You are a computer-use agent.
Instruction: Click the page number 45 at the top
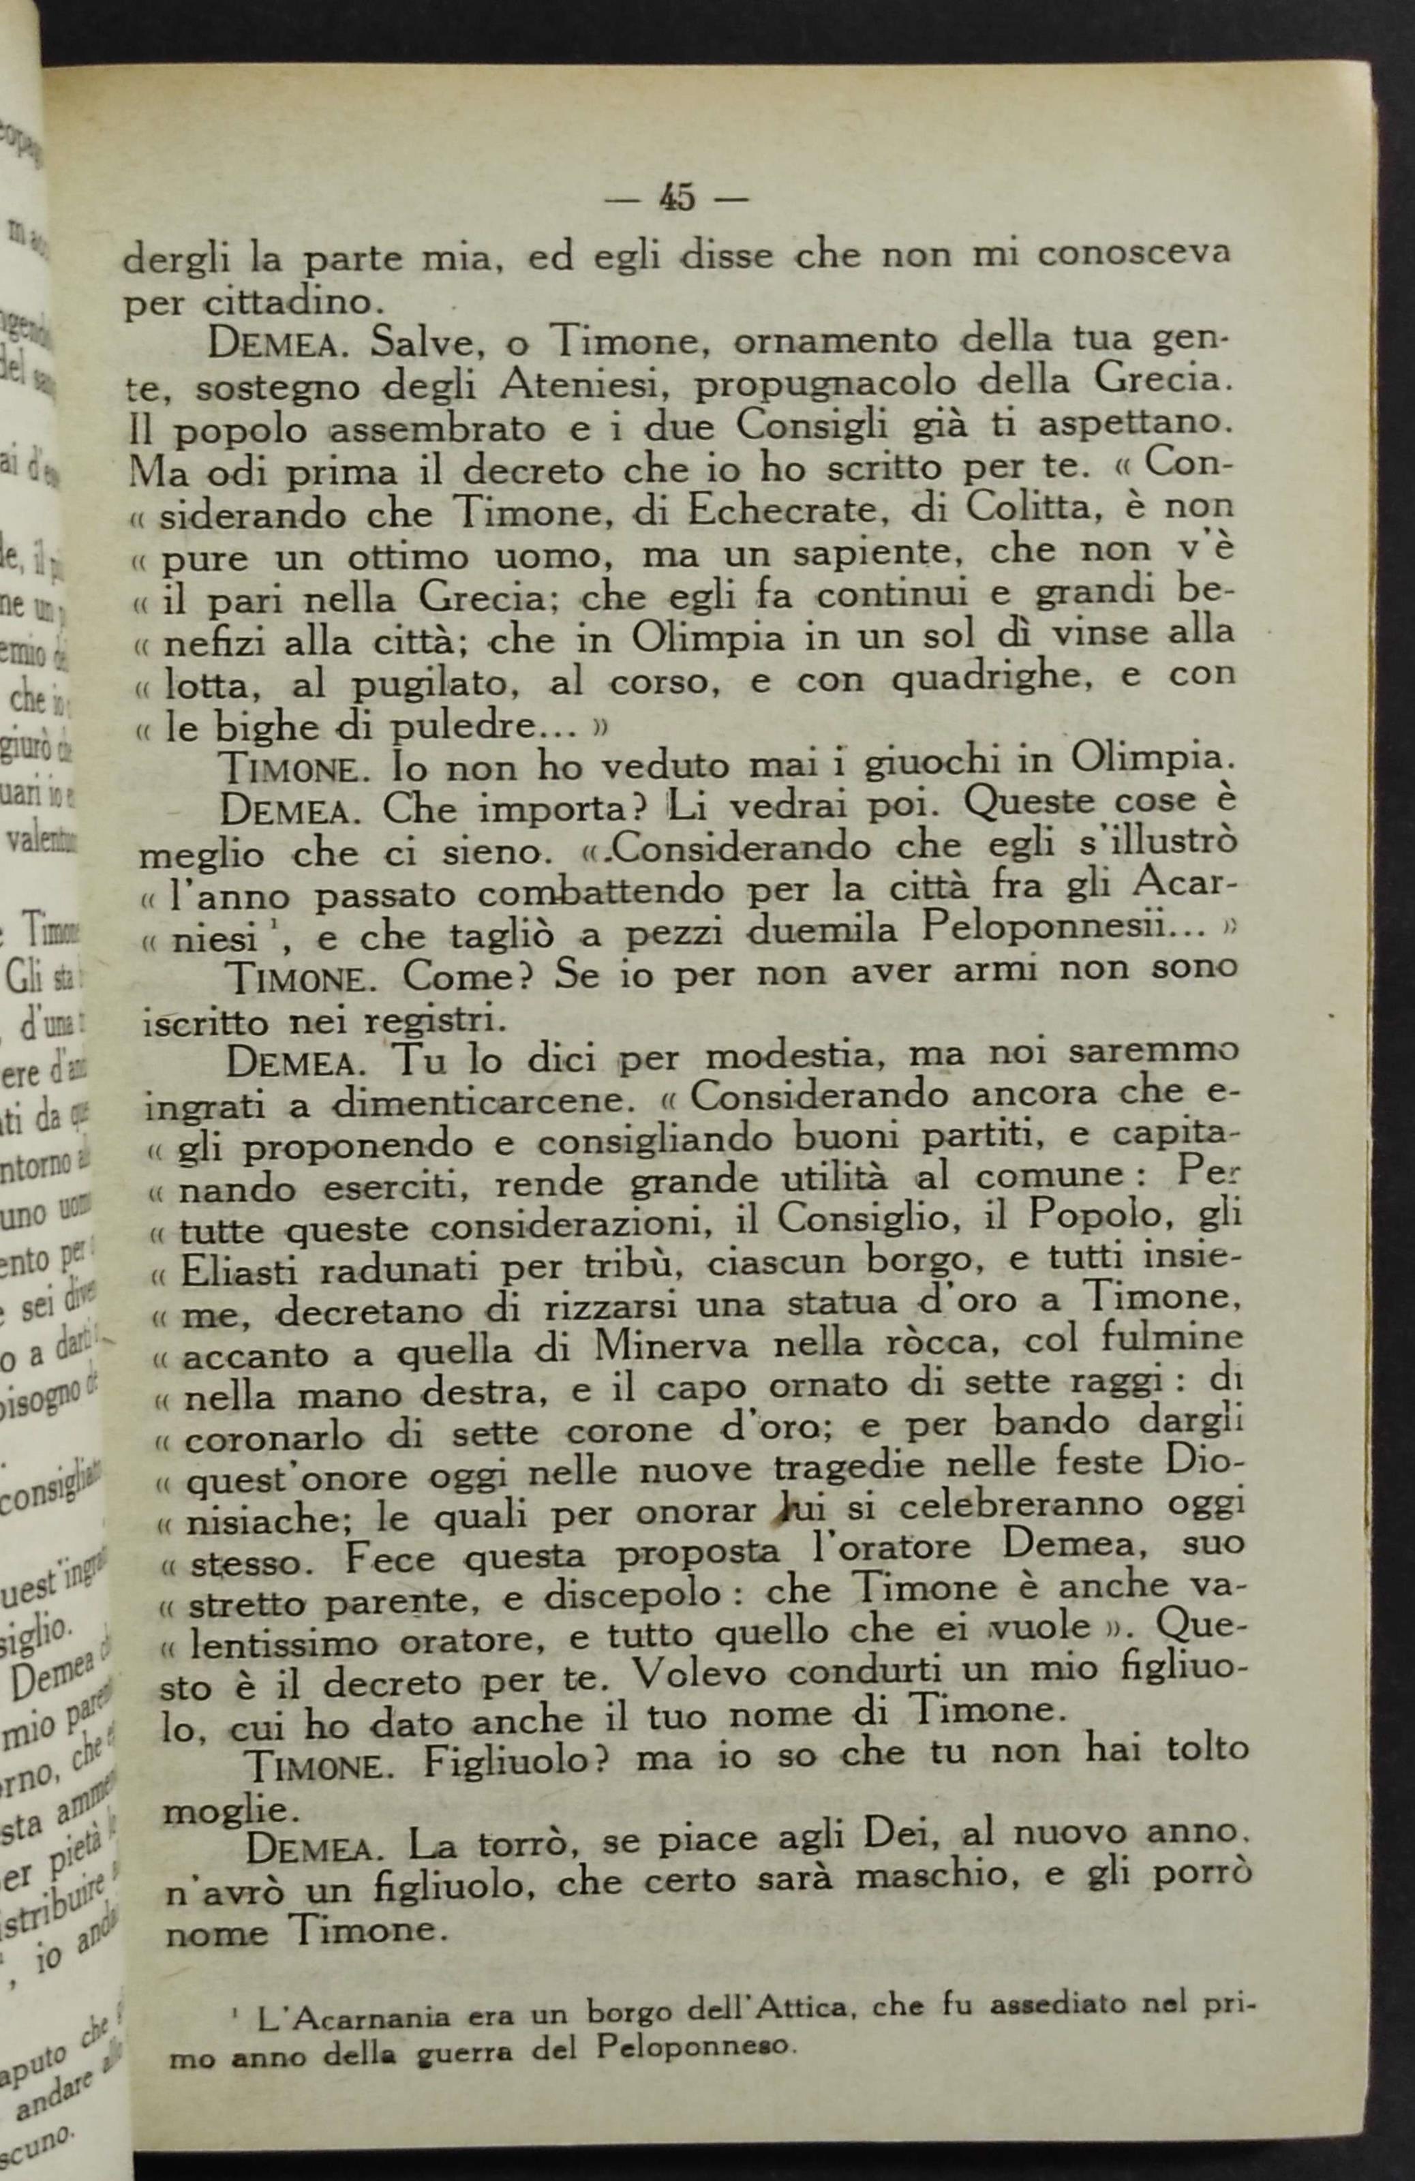point(678,198)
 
